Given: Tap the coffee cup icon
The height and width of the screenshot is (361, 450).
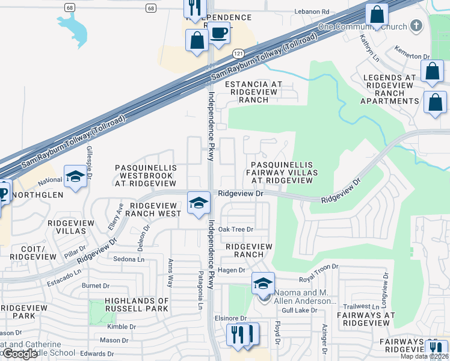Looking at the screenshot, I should point(219,32).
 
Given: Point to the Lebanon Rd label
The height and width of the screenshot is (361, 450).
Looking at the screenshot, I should point(312,11).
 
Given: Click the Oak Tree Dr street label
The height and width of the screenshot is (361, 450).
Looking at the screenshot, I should point(236,229).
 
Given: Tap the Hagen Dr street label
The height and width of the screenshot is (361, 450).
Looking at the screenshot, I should point(232,271).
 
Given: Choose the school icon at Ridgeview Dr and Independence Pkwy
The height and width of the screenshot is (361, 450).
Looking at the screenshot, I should point(199,203).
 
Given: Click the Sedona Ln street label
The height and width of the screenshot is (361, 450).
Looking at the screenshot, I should point(131,259).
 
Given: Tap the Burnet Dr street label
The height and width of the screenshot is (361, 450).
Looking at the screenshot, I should point(96,286).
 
